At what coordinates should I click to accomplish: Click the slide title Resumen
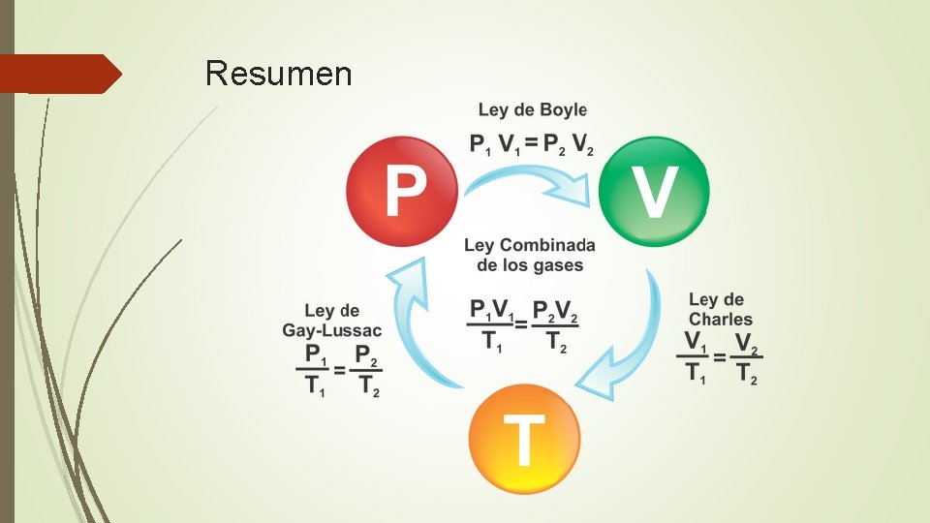[x=279, y=73]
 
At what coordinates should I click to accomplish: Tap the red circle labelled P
[x=403, y=190]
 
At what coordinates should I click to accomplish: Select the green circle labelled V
[x=654, y=191]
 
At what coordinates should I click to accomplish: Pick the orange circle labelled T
[x=523, y=439]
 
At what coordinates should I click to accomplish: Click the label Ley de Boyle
[x=532, y=110]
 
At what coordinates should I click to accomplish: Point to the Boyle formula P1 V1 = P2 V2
[x=532, y=144]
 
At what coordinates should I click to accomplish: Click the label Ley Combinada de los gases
[x=529, y=255]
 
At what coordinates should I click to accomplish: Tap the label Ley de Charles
[x=720, y=309]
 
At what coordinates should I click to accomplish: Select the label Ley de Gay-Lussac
[x=331, y=321]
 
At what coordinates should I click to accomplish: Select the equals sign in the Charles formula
[x=720, y=357]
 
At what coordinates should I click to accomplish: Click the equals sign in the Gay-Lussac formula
[x=339, y=370]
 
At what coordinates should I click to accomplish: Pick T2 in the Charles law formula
[x=746, y=374]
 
